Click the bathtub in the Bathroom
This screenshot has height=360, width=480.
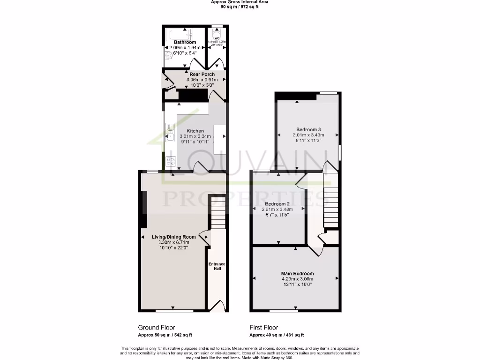point(180,33)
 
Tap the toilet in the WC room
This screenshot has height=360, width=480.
point(217,33)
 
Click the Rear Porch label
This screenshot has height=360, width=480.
point(202,75)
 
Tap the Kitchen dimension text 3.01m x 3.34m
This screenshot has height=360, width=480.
point(195,136)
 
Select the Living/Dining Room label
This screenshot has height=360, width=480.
point(173,237)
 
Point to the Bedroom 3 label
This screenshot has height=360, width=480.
point(308,129)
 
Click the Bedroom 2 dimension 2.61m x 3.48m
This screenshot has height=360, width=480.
point(277,210)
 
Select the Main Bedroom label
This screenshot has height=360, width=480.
point(297,274)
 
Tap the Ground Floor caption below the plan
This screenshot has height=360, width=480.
point(157,328)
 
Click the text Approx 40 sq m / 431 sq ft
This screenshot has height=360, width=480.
point(277,335)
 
